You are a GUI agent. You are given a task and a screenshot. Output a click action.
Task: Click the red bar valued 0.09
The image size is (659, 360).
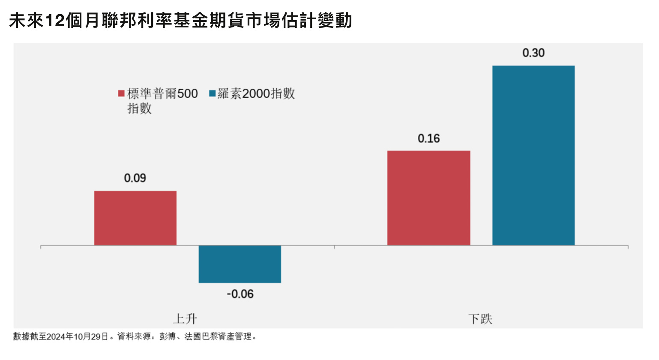click(135, 218)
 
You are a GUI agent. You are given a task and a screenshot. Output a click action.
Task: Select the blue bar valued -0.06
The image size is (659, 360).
click(240, 264)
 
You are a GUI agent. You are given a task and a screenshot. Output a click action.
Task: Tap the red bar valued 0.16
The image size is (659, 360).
click(428, 198)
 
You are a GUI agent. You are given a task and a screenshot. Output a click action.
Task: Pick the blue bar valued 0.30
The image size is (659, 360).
click(533, 155)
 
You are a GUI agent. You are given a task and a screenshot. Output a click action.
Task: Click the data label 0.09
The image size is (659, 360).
click(135, 178)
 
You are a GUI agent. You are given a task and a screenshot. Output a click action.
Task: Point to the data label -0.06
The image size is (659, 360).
click(240, 294)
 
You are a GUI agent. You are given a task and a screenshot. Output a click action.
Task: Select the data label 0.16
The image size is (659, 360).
click(428, 138)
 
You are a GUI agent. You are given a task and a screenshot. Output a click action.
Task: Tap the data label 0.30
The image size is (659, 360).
click(533, 53)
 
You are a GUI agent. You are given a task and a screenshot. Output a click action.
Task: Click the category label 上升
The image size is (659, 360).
click(185, 319)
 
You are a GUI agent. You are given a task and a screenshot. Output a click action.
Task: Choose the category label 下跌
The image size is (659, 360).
click(480, 319)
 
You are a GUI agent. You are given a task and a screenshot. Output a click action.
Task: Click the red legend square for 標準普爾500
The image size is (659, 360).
click(121, 93)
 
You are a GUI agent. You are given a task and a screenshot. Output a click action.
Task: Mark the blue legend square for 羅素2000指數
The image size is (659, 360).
click(212, 93)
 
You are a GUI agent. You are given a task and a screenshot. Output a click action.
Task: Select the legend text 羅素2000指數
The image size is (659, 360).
click(256, 93)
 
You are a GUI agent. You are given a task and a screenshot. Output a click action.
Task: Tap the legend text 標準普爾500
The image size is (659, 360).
click(162, 94)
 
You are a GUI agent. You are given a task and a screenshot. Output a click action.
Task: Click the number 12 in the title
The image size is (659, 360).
click(54, 21)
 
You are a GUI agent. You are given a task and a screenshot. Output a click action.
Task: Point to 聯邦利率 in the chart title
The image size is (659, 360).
click(137, 21)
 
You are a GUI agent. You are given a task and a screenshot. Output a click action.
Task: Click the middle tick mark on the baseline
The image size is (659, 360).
click(335, 246)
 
